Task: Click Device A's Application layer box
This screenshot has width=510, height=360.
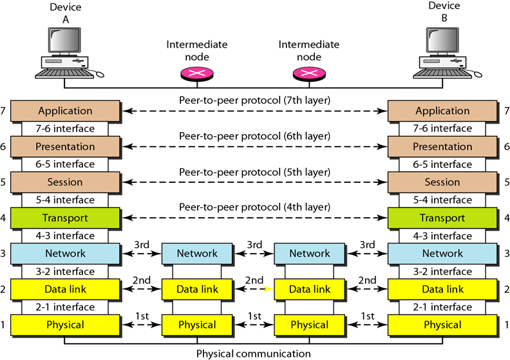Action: click(x=65, y=111)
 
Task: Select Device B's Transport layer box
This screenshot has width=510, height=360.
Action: click(x=442, y=218)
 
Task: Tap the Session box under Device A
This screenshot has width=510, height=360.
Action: click(x=65, y=182)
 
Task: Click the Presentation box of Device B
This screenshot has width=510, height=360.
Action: click(x=442, y=147)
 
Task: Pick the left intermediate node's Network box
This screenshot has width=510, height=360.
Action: click(x=197, y=253)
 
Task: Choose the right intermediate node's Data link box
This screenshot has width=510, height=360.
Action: click(x=310, y=289)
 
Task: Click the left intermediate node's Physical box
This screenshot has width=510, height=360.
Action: click(x=197, y=325)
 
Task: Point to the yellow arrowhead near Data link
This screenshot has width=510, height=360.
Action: click(x=269, y=289)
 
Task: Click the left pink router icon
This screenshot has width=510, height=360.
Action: click(x=197, y=75)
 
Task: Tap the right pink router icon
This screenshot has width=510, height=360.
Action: click(x=309, y=75)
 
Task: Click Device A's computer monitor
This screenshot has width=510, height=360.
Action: click(x=64, y=41)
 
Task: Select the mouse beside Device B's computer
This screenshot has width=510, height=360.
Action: click(x=477, y=74)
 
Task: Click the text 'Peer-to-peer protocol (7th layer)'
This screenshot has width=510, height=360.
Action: click(x=254, y=100)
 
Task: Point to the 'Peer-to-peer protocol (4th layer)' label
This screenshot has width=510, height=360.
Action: click(x=254, y=207)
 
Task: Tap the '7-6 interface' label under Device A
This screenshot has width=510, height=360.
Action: click(x=65, y=129)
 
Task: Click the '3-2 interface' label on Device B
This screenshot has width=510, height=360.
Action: click(x=442, y=272)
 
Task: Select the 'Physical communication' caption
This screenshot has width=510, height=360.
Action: click(x=253, y=354)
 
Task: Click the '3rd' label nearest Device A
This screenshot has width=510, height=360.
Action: click(x=142, y=245)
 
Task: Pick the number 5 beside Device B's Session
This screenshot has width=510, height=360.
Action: click(x=507, y=182)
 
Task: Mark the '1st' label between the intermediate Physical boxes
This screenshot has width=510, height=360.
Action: click(x=254, y=316)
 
